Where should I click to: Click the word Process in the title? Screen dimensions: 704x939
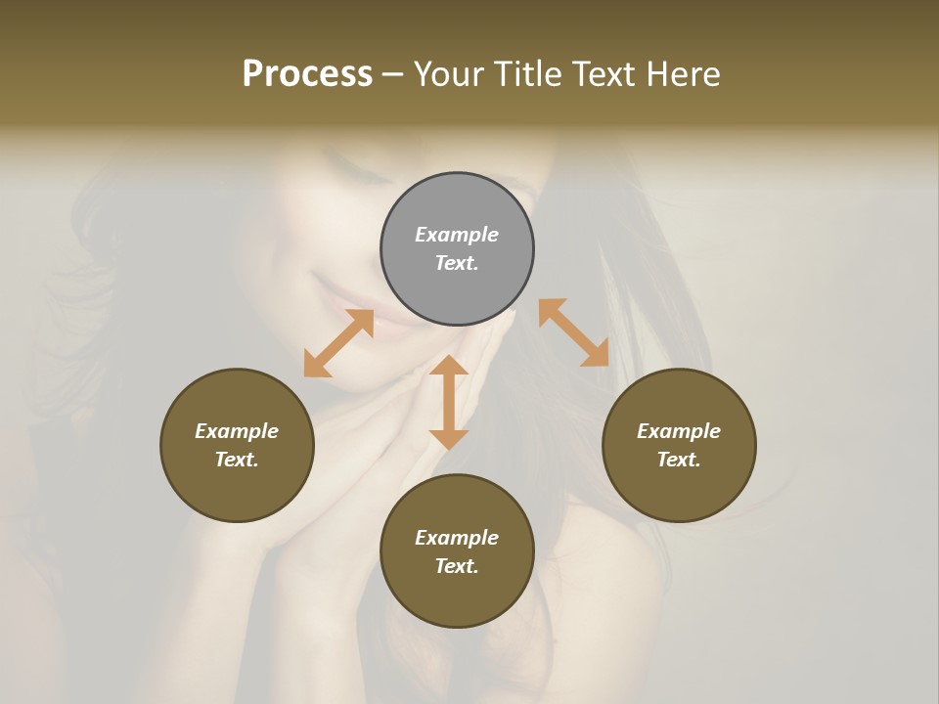[307, 74]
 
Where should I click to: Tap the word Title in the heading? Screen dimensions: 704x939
[527, 74]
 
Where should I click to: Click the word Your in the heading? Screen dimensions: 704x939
[449, 74]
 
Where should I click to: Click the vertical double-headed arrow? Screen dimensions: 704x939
[449, 402]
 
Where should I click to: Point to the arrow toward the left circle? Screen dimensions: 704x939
[338, 343]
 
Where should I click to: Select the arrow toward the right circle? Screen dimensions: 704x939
[573, 332]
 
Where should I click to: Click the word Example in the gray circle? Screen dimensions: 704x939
[457, 235]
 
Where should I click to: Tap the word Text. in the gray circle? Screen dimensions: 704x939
[457, 263]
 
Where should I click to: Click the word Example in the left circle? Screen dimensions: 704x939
[237, 431]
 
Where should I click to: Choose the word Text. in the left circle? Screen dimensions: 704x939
[237, 460]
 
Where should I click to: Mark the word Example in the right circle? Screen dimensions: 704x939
[679, 431]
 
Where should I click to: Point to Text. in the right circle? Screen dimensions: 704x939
[679, 460]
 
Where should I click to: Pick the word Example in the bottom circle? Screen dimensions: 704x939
[457, 538]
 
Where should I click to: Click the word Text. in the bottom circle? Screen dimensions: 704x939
[457, 566]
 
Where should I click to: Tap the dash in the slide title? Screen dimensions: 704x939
[393, 75]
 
